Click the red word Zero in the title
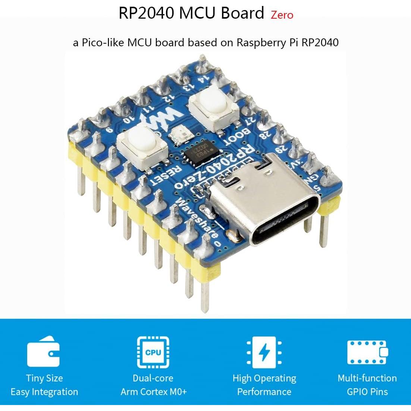point(282,15)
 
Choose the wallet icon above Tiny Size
point(43,351)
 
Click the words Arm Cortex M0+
point(153,392)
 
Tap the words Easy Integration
point(44,392)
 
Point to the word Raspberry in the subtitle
point(261,43)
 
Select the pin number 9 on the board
point(109,131)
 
